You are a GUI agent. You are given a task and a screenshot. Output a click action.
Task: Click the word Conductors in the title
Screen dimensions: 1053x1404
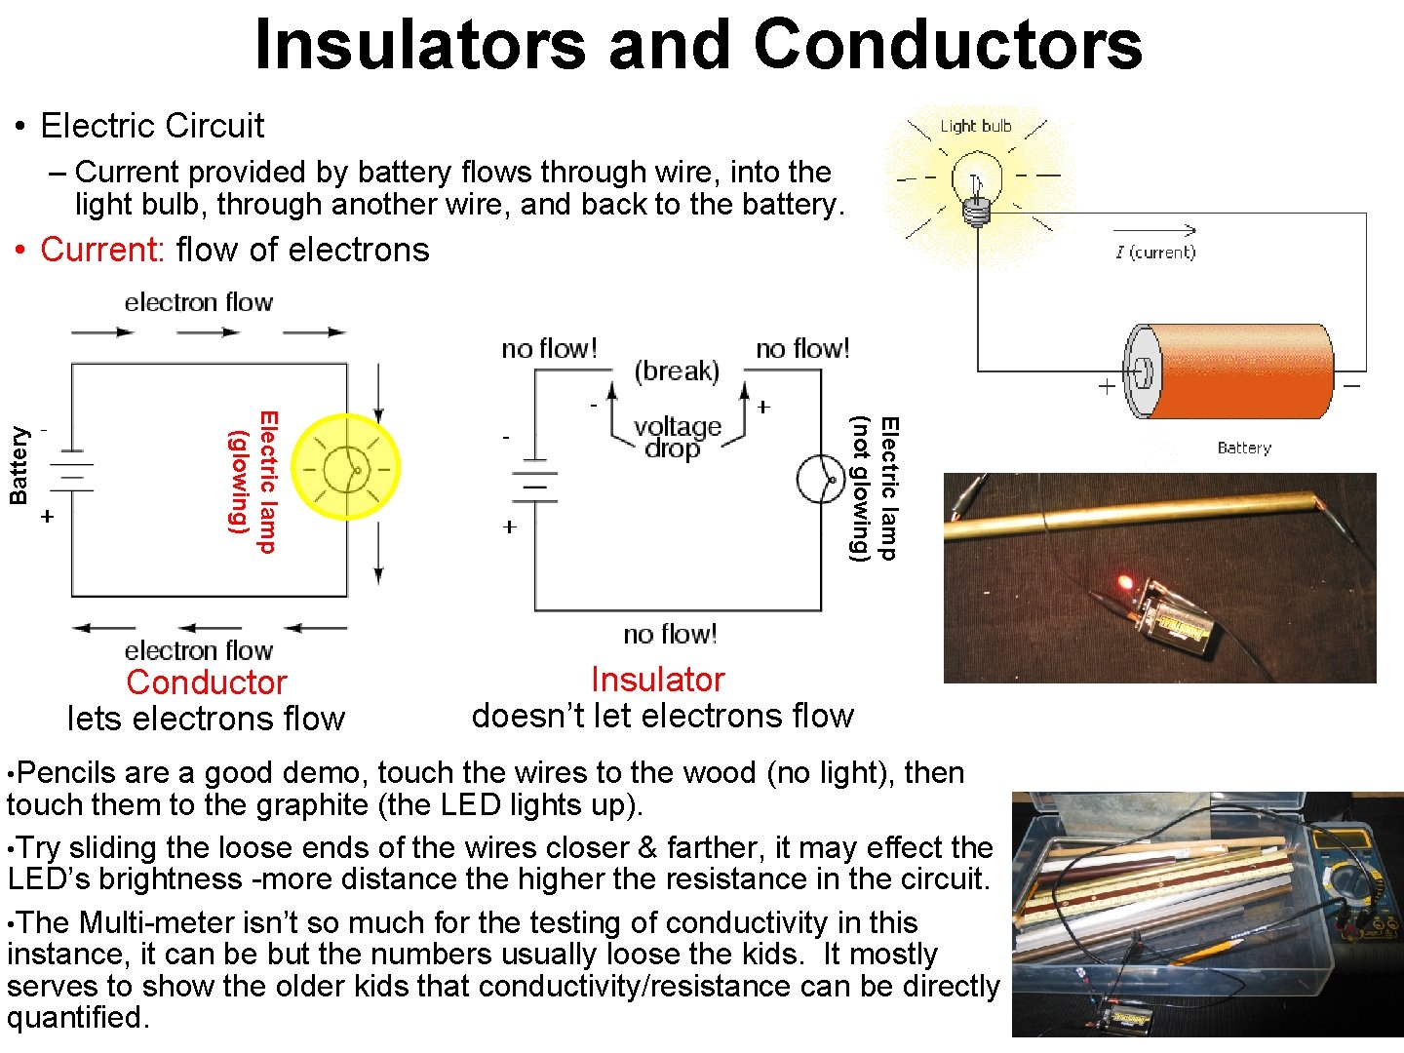coord(947,45)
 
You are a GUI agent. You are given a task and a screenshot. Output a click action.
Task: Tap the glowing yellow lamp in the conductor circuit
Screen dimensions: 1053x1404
coord(345,468)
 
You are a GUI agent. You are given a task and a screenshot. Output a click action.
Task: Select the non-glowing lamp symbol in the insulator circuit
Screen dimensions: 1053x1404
coord(820,479)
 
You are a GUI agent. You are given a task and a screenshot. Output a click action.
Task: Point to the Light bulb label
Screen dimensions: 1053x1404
coord(975,126)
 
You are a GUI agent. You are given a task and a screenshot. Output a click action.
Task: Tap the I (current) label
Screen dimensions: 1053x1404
coord(1155,253)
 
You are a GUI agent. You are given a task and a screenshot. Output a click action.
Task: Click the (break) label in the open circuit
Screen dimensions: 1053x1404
coord(677,370)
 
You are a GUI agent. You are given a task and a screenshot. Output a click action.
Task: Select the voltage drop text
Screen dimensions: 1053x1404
coord(677,438)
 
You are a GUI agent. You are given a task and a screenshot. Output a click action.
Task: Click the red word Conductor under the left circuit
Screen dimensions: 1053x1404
coord(207,682)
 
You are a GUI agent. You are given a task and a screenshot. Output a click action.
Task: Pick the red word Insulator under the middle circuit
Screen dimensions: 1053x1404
coord(658,679)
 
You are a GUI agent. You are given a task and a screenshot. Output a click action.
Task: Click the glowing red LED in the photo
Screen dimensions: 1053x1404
coord(1125,583)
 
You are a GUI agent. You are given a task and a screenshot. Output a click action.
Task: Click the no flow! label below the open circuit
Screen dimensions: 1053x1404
coord(670,635)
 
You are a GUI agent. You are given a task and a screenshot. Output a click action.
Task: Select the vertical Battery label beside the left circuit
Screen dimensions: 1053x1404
coord(18,465)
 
